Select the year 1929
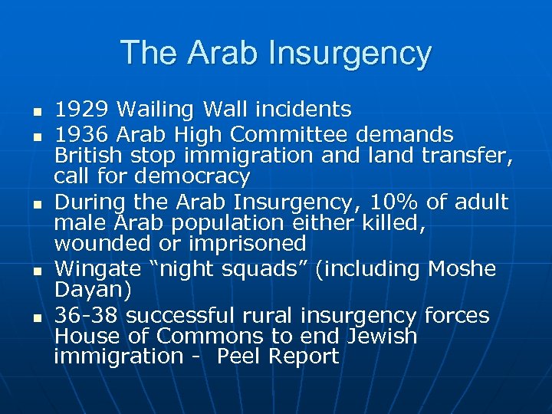click(x=80, y=110)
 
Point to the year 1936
click(x=80, y=136)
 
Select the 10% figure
click(x=390, y=202)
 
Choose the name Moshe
click(x=462, y=269)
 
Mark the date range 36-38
click(x=86, y=315)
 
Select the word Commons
click(x=208, y=336)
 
